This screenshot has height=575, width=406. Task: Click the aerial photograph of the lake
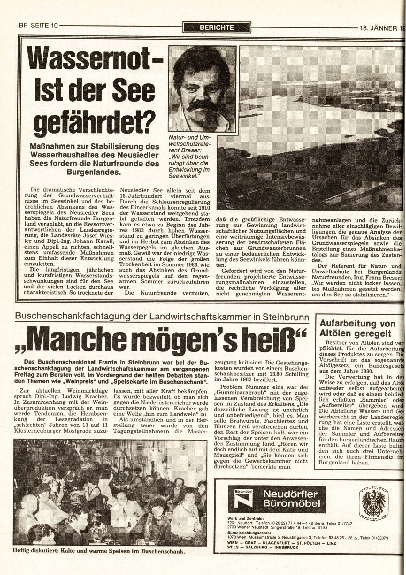(x=321, y=128)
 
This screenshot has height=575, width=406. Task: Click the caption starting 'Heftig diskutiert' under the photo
(x=95, y=551)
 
